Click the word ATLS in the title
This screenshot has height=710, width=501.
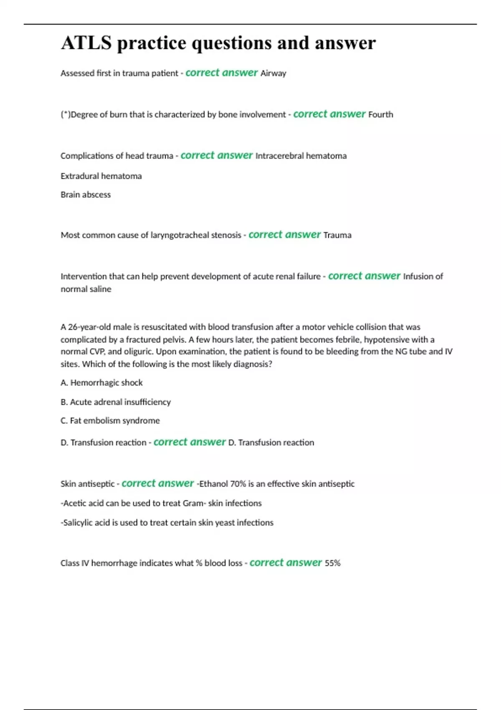pos(86,43)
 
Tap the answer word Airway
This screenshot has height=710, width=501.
pos(273,74)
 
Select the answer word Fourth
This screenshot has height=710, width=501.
pos(380,114)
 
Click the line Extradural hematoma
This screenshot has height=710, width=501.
pos(101,176)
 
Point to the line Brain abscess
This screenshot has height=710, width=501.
pos(86,195)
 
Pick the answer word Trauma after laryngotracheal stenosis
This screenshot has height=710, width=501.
pos(337,235)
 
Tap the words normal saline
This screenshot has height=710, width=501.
pos(86,289)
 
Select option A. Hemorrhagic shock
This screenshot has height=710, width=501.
pos(101,383)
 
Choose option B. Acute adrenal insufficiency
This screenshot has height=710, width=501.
pos(116,402)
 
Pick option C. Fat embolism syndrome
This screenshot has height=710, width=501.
pos(110,421)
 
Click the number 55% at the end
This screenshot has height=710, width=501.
pos(332,563)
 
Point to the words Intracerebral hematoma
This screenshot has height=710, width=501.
pos(301,156)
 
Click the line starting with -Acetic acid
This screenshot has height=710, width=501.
pos(161,503)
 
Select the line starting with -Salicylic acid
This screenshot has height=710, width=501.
pos(167,522)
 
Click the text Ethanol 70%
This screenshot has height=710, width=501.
pos(223,484)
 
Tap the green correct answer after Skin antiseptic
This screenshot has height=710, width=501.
pos(157,483)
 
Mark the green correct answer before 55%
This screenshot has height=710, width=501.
pos(286,563)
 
